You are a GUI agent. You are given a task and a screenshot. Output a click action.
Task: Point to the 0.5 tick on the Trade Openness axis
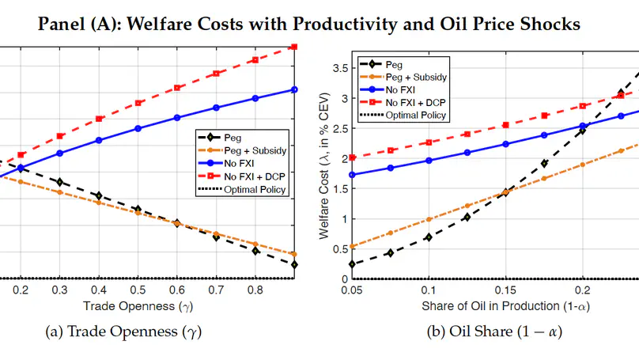tap(138, 291)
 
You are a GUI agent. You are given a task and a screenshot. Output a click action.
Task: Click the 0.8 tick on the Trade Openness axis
tap(255, 291)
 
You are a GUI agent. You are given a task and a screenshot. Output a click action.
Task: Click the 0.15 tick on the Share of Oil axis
tap(504, 291)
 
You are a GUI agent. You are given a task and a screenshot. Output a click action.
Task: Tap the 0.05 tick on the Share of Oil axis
tap(351, 291)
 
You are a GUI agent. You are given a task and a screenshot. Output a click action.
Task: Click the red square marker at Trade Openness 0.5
tap(138, 103)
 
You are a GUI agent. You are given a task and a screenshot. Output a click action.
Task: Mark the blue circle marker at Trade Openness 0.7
tap(217, 108)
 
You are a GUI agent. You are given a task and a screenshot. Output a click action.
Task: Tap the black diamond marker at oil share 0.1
tap(428, 237)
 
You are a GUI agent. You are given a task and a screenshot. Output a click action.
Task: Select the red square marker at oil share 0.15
tap(505, 125)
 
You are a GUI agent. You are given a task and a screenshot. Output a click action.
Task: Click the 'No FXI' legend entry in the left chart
tap(240, 163)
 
